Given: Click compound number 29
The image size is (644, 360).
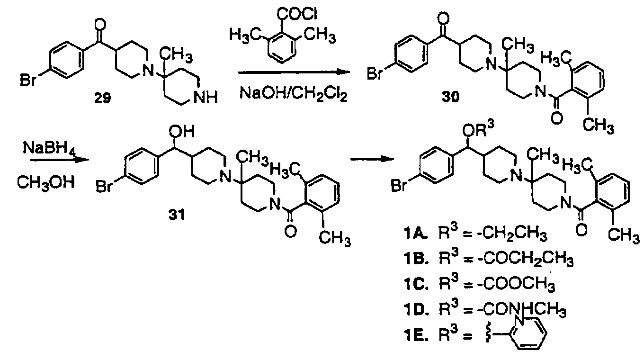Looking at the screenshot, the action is pyautogui.click(x=103, y=99).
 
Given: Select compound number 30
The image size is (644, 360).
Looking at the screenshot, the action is pyautogui.click(x=450, y=97).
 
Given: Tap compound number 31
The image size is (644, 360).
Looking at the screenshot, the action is pyautogui.click(x=176, y=215).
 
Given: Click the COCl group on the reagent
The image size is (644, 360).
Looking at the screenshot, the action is pyautogui.click(x=297, y=14).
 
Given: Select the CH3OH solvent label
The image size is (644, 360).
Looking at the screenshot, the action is pyautogui.click(x=46, y=182).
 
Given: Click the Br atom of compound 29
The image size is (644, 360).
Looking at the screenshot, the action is pyautogui.click(x=27, y=80).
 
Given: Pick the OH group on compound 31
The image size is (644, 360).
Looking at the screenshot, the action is pyautogui.click(x=181, y=132).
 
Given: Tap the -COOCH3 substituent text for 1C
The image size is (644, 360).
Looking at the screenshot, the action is pyautogui.click(x=516, y=285).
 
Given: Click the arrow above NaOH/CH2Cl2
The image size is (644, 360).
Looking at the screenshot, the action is pyautogui.click(x=294, y=72).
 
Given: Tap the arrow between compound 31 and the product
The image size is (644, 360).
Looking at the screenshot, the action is pyautogui.click(x=372, y=159).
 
